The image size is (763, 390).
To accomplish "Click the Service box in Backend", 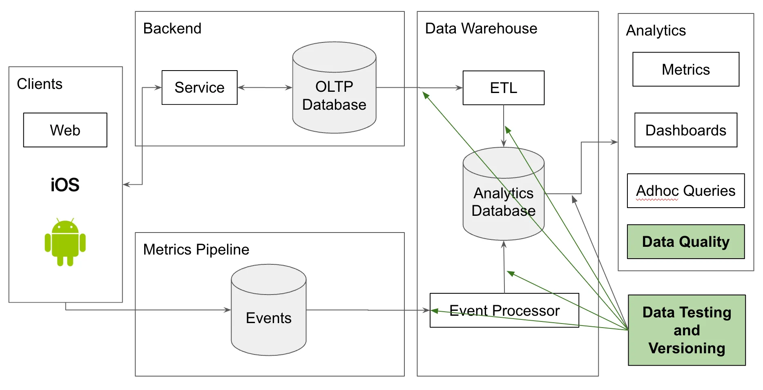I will (199, 88).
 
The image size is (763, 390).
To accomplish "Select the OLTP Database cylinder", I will (334, 96).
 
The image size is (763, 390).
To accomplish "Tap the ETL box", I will (503, 88).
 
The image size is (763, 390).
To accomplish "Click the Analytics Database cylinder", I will (503, 202).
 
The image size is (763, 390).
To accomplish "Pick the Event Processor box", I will (504, 310).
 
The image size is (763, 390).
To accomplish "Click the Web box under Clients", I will (65, 130).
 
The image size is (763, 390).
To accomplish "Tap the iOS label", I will (65, 185).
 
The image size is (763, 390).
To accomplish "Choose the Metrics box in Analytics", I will (685, 69).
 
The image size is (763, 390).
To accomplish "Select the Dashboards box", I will (685, 130).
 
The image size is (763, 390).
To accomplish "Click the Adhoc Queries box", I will (685, 191).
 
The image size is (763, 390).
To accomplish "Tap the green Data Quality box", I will (685, 242).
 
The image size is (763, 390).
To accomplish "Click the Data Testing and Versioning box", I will (687, 330).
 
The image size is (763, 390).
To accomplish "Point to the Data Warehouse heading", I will (481, 29).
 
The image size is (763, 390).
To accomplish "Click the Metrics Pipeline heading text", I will (196, 249).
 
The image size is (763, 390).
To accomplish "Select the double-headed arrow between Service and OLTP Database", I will (265, 87).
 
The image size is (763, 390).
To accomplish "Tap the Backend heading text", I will (172, 29).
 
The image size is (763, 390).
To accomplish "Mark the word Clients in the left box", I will (40, 84).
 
